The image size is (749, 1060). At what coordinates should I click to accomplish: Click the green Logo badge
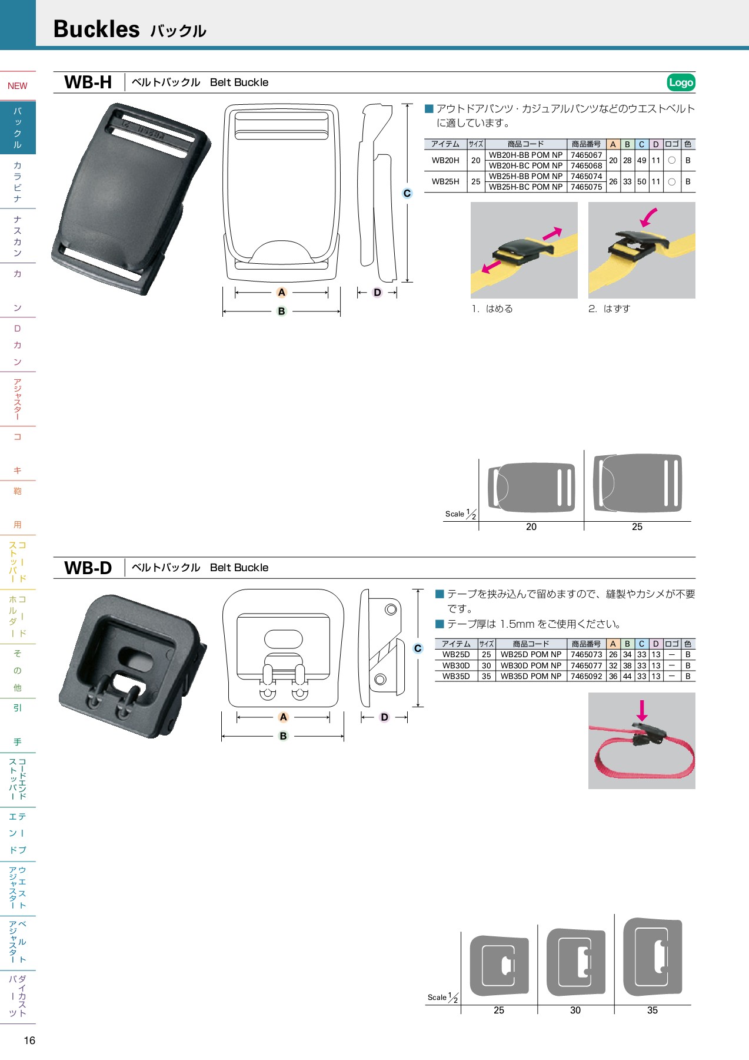[681, 82]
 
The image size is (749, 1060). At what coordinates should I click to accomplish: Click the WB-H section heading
[88, 82]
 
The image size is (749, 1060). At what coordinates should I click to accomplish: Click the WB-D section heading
[88, 568]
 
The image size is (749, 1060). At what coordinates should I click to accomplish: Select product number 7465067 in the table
[586, 155]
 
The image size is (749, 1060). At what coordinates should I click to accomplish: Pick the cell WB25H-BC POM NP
[525, 187]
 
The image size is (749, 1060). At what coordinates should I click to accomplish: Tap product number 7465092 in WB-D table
[586, 676]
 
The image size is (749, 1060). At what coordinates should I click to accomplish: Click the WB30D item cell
[456, 665]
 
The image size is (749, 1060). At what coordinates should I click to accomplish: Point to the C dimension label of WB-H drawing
[407, 193]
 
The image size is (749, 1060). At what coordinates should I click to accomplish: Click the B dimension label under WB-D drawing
[283, 736]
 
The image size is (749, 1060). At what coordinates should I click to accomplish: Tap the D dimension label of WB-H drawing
[377, 292]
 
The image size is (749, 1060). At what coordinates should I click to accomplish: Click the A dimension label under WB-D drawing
[283, 717]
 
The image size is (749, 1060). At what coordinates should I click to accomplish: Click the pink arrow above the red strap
[642, 710]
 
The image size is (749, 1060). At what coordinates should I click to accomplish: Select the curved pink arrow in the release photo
[648, 217]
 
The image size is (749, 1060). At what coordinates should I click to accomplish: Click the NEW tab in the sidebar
[18, 86]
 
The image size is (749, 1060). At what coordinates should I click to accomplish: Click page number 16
[29, 1041]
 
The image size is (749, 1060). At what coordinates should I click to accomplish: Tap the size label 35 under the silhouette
[652, 1010]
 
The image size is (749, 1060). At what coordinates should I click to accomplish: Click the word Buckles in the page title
[96, 29]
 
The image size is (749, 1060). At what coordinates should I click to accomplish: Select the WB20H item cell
[445, 160]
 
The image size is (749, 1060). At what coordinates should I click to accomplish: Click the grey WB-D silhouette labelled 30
[575, 962]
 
